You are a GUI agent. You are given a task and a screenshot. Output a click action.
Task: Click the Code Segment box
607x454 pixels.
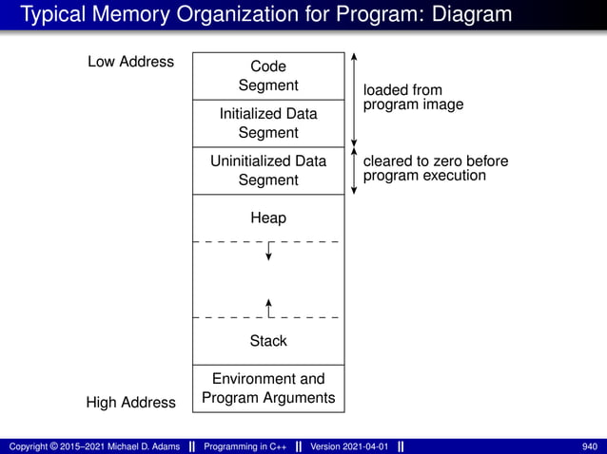(267, 76)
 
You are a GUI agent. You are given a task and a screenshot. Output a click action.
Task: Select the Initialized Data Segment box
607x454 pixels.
(267, 123)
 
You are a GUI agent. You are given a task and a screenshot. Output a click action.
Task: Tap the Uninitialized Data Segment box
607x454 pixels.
(267, 171)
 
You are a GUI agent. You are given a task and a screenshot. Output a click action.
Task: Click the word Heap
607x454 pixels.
(267, 218)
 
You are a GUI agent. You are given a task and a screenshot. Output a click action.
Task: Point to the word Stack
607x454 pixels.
(267, 341)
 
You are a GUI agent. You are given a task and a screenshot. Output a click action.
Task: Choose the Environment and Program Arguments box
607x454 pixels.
(267, 388)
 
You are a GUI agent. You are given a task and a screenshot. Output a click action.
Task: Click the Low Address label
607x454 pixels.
(130, 62)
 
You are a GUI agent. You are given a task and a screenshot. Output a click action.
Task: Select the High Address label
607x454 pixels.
(130, 403)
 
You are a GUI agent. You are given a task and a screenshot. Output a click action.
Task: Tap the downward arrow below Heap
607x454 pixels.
(269, 251)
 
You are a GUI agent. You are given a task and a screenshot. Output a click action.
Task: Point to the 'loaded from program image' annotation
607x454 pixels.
(413, 97)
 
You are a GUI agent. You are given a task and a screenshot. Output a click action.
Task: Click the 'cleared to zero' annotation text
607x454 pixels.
(435, 168)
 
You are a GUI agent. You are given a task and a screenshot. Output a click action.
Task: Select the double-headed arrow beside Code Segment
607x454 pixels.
(353, 99)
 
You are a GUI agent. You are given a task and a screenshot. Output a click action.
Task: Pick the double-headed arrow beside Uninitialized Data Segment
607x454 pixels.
(353, 171)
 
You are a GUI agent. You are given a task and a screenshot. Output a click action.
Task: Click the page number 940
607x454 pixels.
(590, 446)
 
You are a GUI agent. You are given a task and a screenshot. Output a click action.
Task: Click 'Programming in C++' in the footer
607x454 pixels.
(246, 446)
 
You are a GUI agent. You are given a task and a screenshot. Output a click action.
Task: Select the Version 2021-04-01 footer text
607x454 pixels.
(349, 446)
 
